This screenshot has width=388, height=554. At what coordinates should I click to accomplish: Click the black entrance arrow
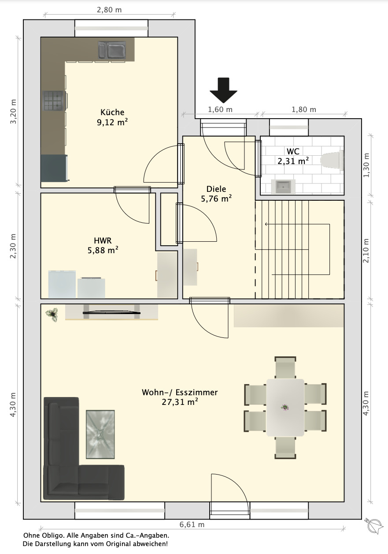(x=224, y=90)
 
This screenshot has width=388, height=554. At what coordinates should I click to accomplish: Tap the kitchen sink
(x=112, y=50)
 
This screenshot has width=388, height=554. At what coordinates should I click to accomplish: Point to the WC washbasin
(x=283, y=187)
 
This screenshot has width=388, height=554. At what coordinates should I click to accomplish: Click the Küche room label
(x=112, y=112)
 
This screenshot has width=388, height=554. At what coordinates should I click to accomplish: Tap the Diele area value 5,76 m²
(x=216, y=198)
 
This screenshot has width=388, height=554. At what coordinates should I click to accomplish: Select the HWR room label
(x=103, y=240)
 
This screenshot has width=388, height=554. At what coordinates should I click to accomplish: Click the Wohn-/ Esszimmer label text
(x=180, y=392)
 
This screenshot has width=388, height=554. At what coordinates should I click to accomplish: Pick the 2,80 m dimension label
(x=109, y=10)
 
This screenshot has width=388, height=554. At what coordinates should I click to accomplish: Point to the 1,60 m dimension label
(x=220, y=109)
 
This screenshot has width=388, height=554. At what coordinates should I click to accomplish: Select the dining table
(x=285, y=407)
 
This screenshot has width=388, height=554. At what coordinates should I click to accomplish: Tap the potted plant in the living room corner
(x=52, y=314)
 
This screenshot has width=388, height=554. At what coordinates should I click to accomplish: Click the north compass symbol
(x=374, y=525)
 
